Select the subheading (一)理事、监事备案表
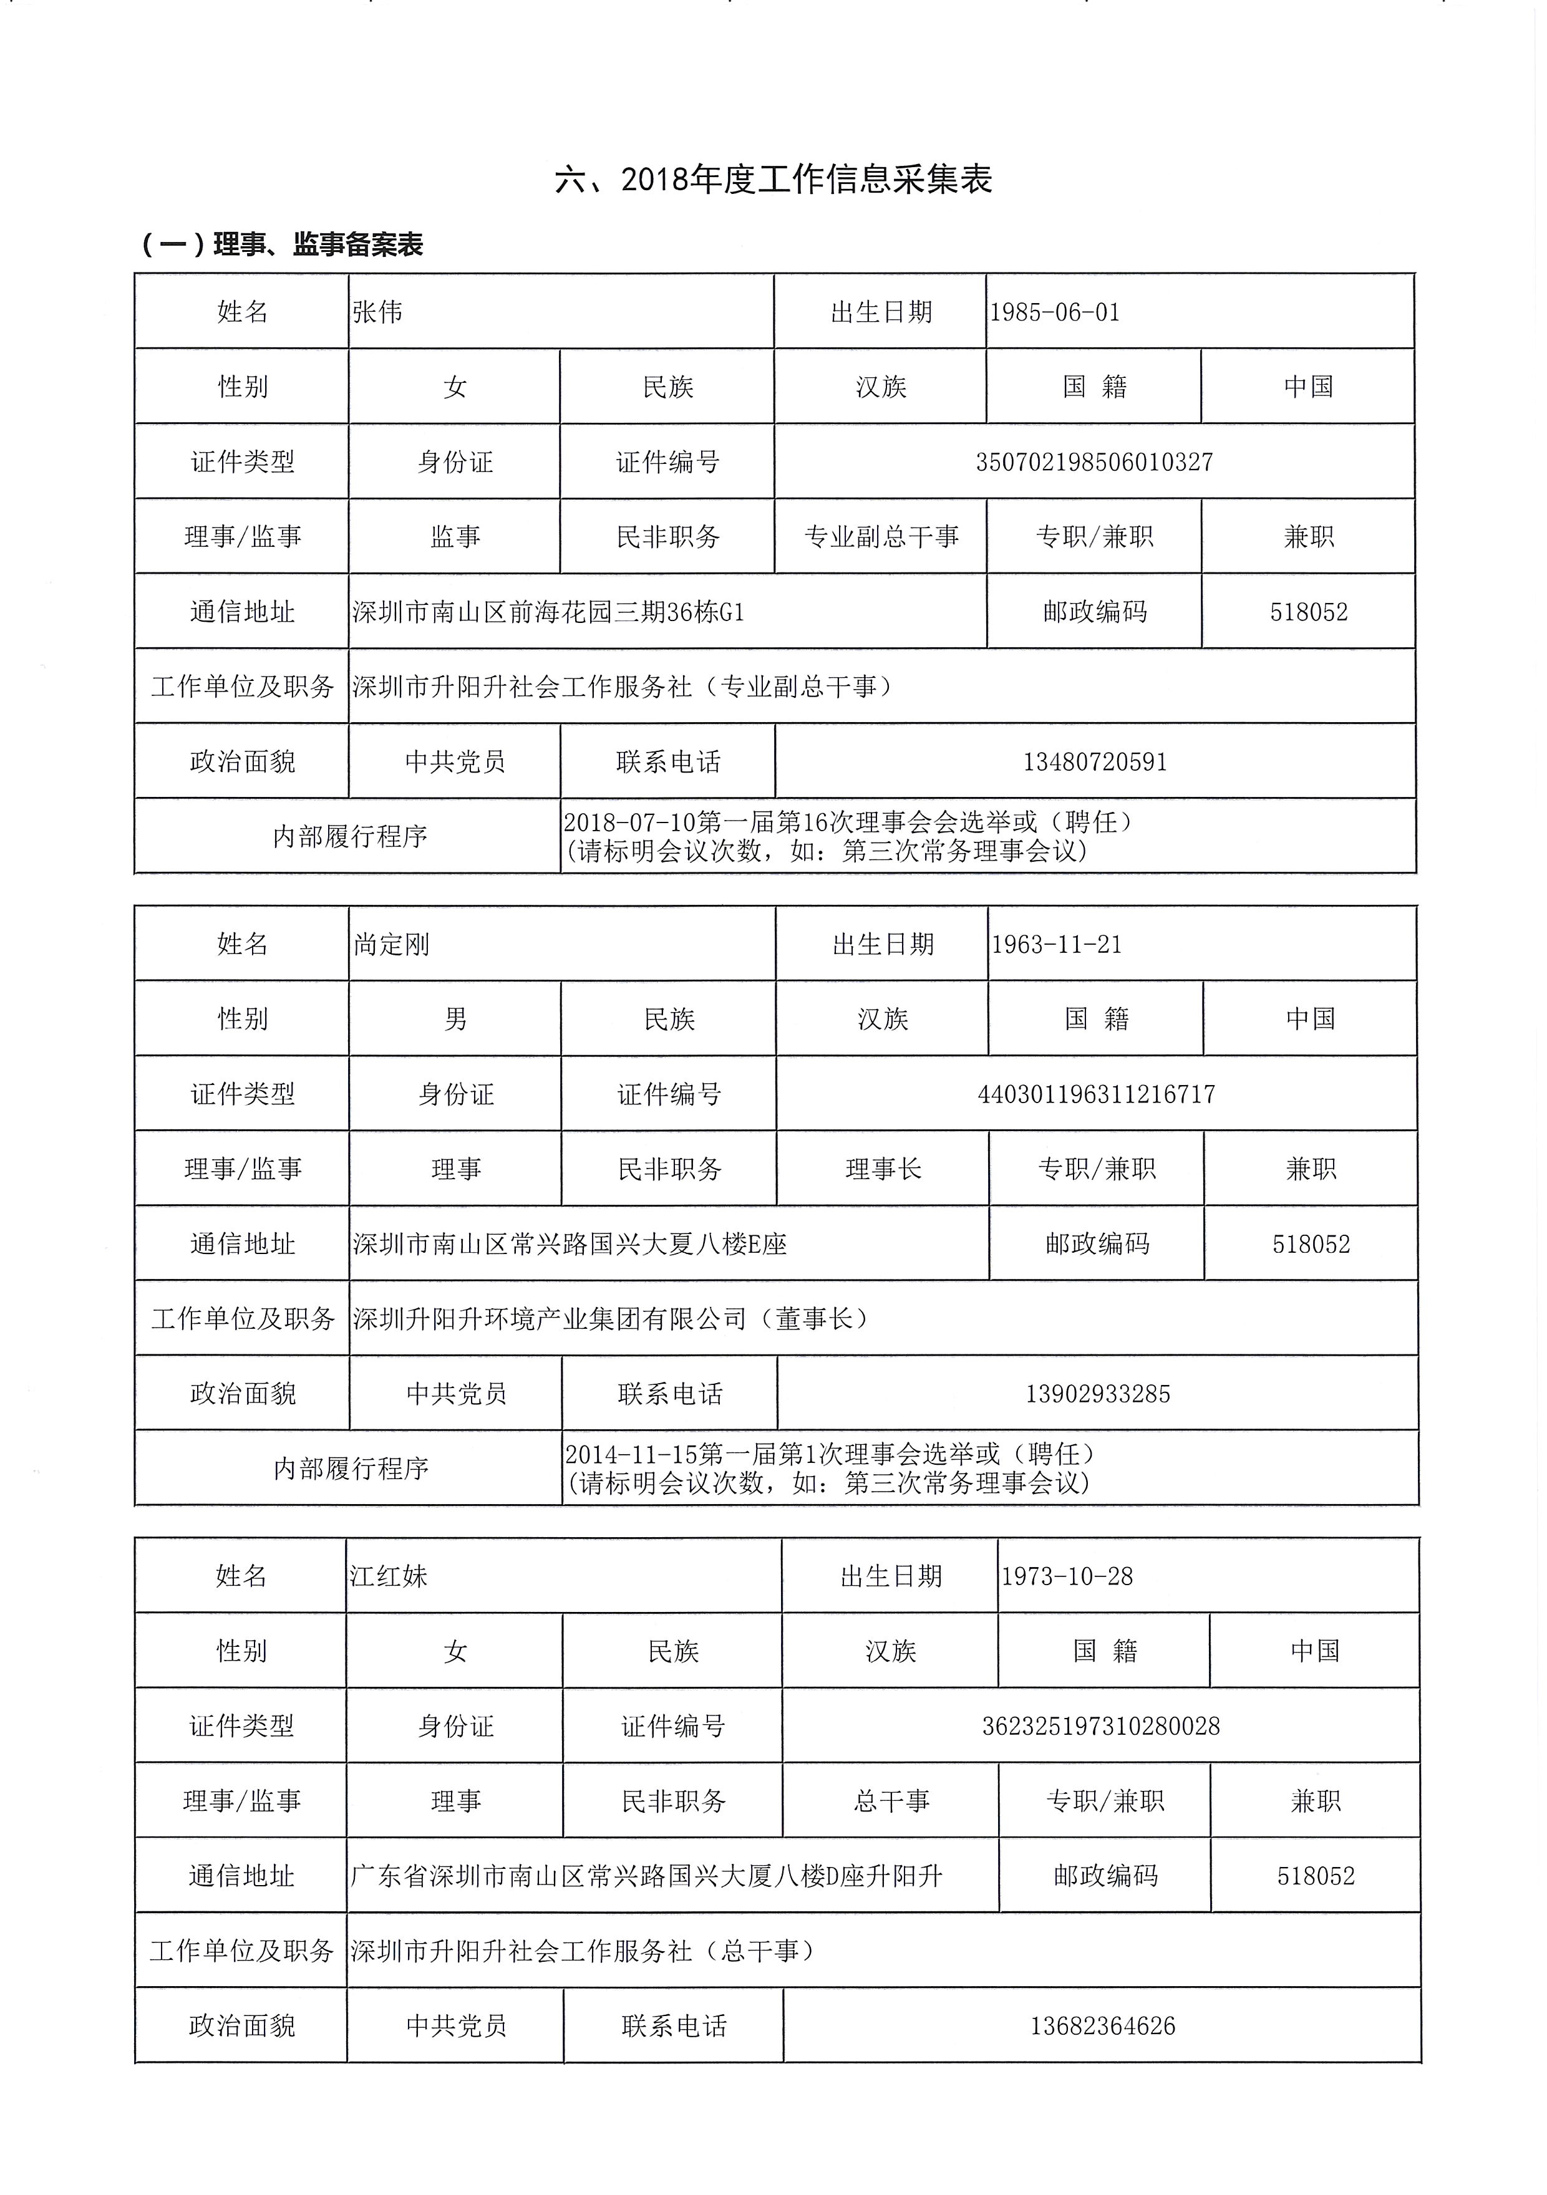pos(282,244)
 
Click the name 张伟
pos(377,312)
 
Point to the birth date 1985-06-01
pos(1055,312)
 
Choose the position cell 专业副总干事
pos(881,536)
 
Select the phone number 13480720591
pos(1095,762)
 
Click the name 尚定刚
pos(391,945)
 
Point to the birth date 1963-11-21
pos(1057,945)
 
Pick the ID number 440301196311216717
pos(1096,1094)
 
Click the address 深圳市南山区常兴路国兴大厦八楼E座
pos(570,1244)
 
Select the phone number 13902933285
pos(1098,1394)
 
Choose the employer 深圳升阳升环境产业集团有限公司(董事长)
pos(612,1318)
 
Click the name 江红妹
pos(388,1576)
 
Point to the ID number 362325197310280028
pos(1100,1725)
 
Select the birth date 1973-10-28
pos(1066,1576)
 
